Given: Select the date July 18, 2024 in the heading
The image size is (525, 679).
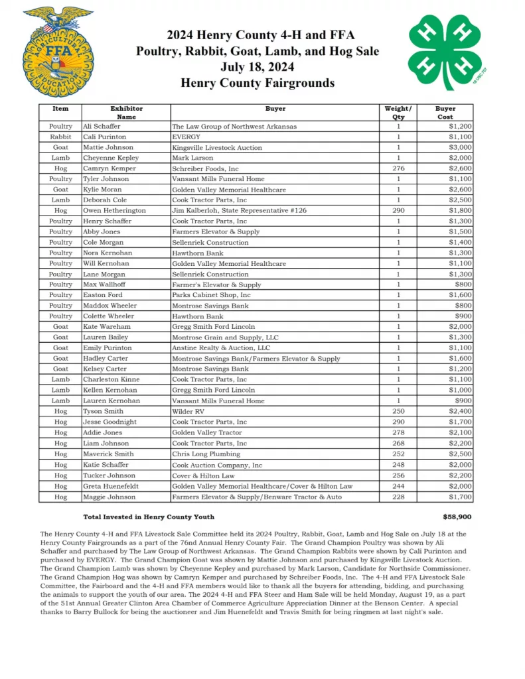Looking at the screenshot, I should point(258,67).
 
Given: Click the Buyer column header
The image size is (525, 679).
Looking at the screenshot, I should point(275,109).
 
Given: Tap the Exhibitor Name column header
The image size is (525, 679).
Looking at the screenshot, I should point(126,113).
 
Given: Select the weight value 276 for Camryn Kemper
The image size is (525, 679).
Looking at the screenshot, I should point(398,168).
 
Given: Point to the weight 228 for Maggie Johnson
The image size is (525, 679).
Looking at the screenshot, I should point(398,496).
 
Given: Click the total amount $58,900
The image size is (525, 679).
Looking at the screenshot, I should point(457,517).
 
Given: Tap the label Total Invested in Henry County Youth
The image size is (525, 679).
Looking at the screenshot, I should point(149,517).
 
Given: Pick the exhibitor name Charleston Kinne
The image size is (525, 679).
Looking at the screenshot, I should point(112,379).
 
